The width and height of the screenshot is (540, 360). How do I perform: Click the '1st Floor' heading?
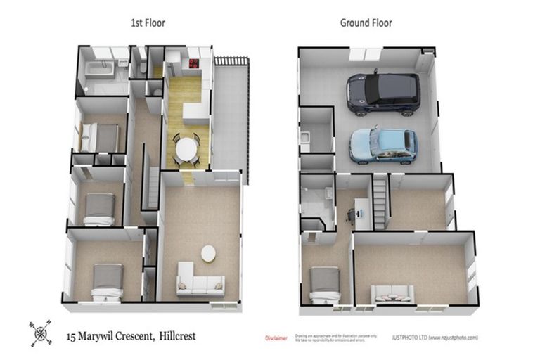(148, 22)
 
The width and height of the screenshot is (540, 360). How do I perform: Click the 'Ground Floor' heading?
(366, 22)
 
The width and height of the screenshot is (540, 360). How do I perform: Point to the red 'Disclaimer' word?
(276, 338)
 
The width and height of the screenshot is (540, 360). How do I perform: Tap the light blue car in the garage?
(383, 144)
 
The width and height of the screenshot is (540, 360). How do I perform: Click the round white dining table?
(187, 149)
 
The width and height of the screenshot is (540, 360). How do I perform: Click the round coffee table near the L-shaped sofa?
(209, 252)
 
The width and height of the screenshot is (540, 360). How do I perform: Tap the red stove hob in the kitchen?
(193, 65)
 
